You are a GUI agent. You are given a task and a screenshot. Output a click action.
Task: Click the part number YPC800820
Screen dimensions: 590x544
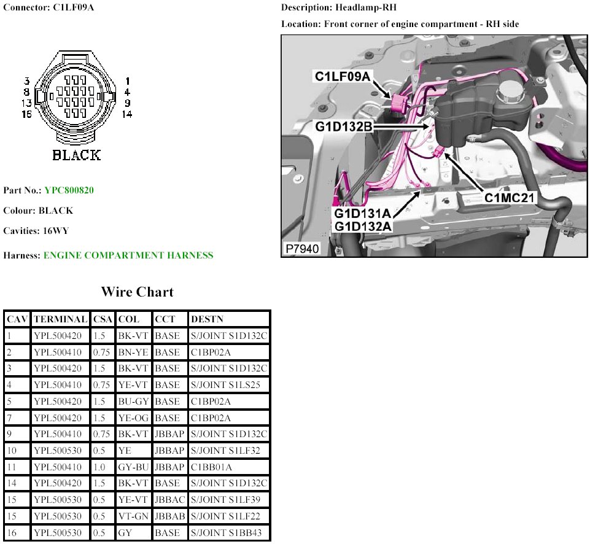pos(69,190)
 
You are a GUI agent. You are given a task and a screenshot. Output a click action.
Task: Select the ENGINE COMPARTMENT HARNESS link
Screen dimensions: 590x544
pos(128,255)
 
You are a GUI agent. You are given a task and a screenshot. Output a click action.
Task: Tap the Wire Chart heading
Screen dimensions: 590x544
pos(137,292)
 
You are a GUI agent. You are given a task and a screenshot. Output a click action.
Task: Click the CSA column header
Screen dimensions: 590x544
pos(103,319)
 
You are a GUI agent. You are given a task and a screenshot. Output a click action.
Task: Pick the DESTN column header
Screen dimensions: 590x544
pos(208,319)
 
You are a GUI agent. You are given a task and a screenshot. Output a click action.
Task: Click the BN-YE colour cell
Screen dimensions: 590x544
pos(132,352)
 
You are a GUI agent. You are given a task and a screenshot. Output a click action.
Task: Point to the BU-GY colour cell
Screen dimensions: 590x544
pos(133,402)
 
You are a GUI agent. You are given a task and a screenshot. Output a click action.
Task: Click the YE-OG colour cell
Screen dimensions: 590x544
pos(133,418)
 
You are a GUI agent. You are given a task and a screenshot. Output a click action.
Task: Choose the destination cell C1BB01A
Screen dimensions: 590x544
pos(211,467)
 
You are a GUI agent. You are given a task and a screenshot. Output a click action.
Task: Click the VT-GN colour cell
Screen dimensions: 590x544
pos(133,516)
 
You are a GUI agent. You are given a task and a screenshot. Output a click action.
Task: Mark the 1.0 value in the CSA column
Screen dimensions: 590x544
pos(100,467)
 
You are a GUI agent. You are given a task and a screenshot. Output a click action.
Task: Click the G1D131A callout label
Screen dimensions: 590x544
pos(362,214)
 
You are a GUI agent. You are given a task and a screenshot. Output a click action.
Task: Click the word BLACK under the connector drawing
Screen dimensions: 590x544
pos(76,155)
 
